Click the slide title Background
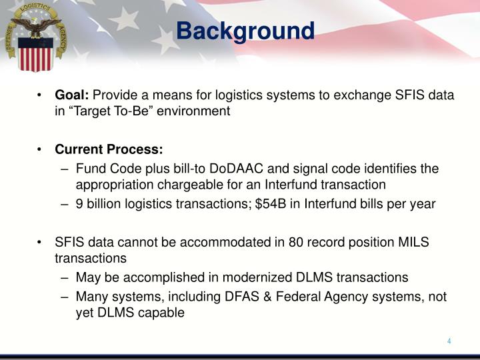coord(245,31)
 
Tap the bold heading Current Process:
coord(109,149)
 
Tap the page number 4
coord(449,341)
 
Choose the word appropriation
coord(109,184)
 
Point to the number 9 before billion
coord(79,204)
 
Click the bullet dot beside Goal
coord(41,95)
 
